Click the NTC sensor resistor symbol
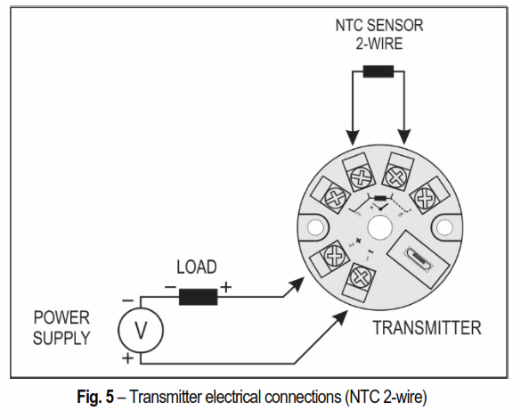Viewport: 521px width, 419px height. click(x=379, y=71)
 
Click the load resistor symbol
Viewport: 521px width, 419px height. click(x=198, y=295)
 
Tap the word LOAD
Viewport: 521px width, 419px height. click(x=197, y=267)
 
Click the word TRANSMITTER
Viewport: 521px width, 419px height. click(x=427, y=327)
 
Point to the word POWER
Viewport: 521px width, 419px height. click(x=61, y=316)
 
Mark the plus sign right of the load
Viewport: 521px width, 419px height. click(x=226, y=286)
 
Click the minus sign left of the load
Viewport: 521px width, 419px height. click(x=168, y=286)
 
